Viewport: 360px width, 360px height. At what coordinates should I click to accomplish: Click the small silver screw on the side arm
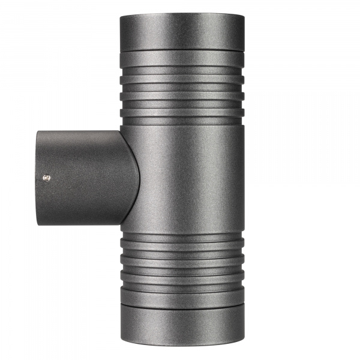(x=47, y=177)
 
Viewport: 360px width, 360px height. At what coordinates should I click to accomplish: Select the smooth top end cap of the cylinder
(x=181, y=30)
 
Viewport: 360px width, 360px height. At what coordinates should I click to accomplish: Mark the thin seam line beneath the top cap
(x=181, y=50)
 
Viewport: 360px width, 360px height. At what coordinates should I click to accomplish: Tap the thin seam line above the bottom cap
(x=181, y=307)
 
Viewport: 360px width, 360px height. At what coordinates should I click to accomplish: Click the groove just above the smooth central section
(x=181, y=122)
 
